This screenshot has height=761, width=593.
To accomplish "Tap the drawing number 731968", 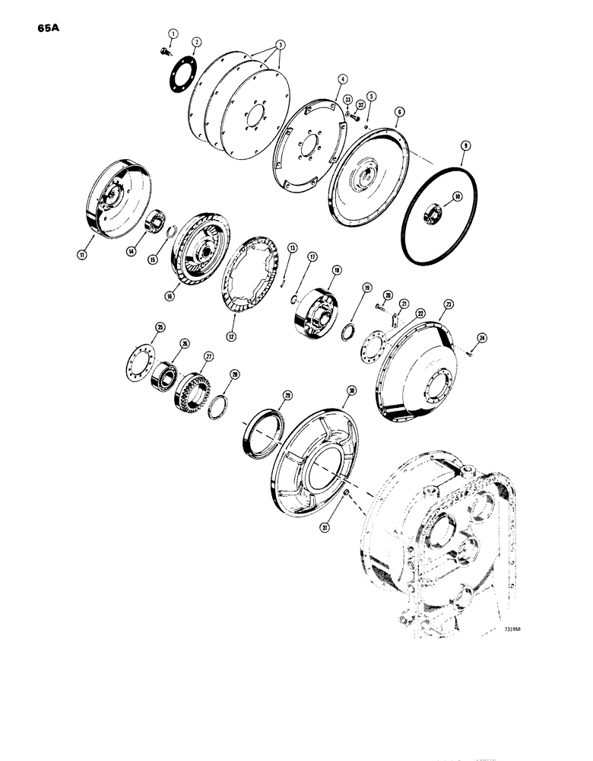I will point(496,629).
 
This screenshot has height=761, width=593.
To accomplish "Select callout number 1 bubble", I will point(173,33).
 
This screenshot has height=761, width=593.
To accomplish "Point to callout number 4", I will point(343,78).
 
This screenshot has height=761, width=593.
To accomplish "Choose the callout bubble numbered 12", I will point(229,334).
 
